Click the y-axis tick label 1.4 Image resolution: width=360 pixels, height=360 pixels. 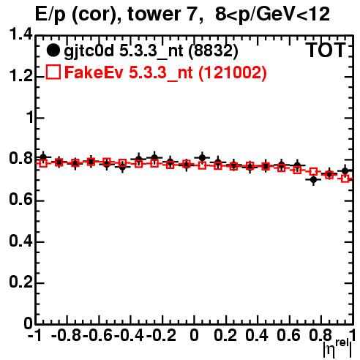tap(20, 34)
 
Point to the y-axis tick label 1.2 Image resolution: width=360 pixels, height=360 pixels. tap(20, 76)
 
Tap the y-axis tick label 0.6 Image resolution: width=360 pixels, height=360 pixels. tap(20, 200)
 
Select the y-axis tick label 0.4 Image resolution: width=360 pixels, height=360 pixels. tap(20, 241)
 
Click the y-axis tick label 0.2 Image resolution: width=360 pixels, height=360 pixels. tap(20, 282)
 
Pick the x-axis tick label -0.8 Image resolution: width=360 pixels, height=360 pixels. tap(67, 335)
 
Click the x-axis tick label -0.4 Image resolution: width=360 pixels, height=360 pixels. tap(130, 335)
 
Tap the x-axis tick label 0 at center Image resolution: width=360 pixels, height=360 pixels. tap(194, 335)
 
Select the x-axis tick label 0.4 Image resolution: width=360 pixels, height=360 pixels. tap(257, 335)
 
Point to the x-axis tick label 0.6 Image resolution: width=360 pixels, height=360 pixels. tap(288, 335)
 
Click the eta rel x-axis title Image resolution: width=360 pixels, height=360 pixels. tap(337, 348)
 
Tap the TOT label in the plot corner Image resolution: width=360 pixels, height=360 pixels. tap(326, 50)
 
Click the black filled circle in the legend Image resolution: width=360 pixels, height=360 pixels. tap(53, 50)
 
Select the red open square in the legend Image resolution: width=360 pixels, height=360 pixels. tap(53, 72)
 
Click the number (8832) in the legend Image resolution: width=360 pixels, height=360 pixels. tap(213, 50)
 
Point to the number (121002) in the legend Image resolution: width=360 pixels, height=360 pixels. tap(233, 72)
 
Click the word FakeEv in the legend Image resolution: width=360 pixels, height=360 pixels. tap(94, 72)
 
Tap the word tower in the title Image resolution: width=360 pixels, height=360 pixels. tap(162, 14)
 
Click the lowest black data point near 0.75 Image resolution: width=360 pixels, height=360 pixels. tap(313, 180)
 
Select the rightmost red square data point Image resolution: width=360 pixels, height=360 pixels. tap(345, 179)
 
